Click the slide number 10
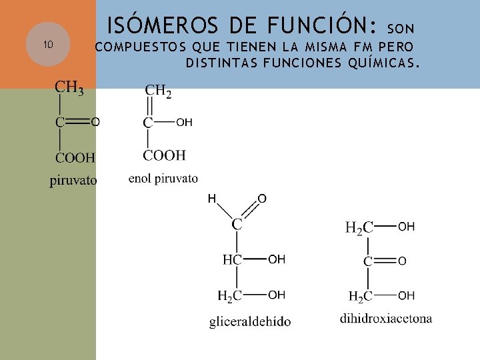tap(47, 45)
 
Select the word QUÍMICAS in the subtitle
tap(383, 64)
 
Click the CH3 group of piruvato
tap(69, 87)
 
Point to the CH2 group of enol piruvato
tap(158, 91)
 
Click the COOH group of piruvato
tap(75, 158)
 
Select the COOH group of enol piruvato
tap(164, 155)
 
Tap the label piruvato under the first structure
tap(73, 181)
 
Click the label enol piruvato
tap(163, 178)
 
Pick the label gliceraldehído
tap(250, 321)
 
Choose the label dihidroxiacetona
tap(386, 318)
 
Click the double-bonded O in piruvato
tap(95, 122)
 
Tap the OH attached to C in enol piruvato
tap(185, 123)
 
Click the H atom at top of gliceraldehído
tap(211, 199)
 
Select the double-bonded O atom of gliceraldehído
tap(262, 199)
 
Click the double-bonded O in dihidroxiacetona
tap(402, 262)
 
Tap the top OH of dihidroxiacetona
tap(406, 227)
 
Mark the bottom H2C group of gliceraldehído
tap(230, 295)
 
